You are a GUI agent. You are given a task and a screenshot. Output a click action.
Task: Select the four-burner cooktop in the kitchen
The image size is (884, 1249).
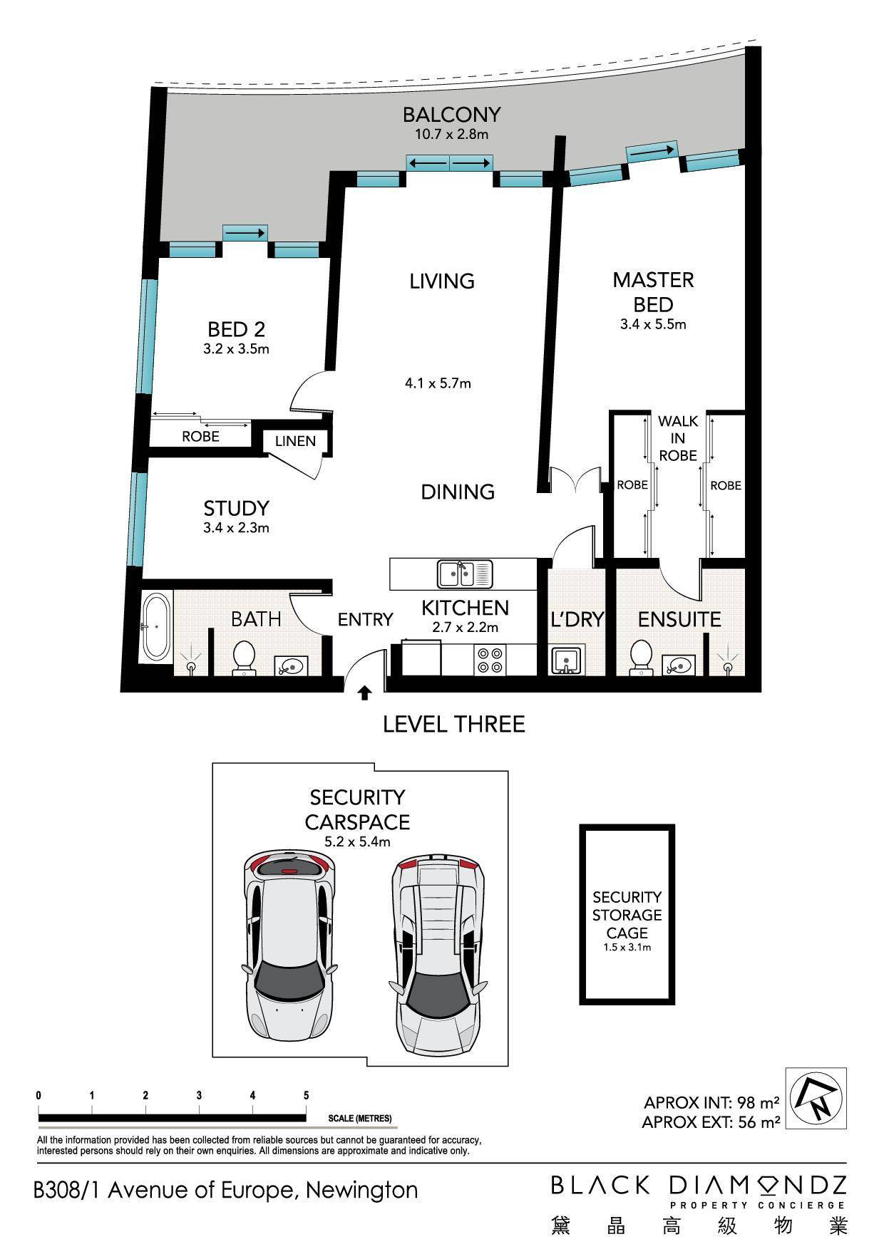(x=490, y=659)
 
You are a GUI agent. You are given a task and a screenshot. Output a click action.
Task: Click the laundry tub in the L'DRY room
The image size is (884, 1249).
(x=567, y=659)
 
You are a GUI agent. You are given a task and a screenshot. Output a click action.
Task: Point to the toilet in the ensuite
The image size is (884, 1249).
(x=640, y=656)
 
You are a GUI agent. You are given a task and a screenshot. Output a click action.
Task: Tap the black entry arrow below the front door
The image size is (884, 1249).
(x=364, y=692)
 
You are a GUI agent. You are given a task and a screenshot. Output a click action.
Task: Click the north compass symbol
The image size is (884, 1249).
(x=816, y=1098)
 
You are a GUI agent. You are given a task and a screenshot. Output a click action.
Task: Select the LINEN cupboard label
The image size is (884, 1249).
(x=295, y=441)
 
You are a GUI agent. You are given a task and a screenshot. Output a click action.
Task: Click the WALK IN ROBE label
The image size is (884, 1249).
(x=677, y=438)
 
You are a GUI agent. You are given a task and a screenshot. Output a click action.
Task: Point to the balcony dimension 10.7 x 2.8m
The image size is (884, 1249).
(x=451, y=134)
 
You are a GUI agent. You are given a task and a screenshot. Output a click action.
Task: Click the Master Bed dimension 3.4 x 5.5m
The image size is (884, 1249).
(x=653, y=324)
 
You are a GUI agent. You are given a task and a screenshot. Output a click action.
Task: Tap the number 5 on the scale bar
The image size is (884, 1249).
(x=307, y=1095)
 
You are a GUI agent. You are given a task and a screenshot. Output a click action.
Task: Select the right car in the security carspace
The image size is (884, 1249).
(x=437, y=958)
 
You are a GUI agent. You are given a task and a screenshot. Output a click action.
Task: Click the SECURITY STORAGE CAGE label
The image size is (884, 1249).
(x=627, y=914)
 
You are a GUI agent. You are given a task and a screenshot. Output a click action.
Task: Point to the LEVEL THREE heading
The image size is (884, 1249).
(x=454, y=724)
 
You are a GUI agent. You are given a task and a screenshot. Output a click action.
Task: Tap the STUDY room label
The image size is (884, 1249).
(x=236, y=508)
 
